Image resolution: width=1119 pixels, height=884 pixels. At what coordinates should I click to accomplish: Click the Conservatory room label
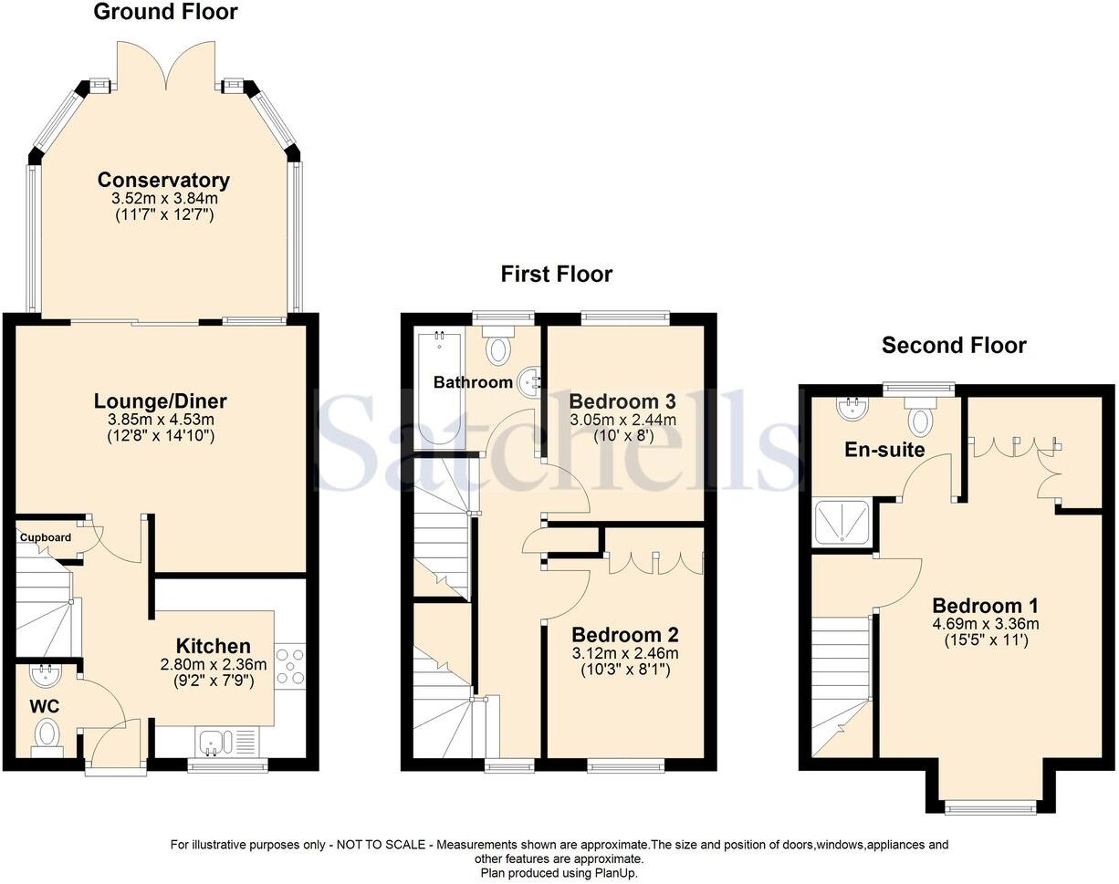coord(163,180)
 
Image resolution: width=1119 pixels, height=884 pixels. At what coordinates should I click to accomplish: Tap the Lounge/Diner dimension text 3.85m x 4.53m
coord(161,419)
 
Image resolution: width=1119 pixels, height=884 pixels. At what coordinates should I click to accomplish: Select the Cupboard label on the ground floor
coord(45,537)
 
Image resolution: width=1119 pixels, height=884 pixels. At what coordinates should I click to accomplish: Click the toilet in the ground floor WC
coord(47,733)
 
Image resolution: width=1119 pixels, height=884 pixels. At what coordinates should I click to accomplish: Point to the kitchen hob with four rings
coord(290,665)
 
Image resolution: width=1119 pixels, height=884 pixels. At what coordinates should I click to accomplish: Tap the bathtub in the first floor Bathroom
coord(438,388)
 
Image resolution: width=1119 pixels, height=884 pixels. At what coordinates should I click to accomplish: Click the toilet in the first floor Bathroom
coord(498,348)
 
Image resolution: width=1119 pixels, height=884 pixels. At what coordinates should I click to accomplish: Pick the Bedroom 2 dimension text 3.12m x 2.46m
coord(625,653)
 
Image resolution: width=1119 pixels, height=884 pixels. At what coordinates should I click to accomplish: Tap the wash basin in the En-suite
coord(853,407)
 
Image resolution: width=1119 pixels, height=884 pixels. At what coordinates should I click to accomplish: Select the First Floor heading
coord(557,274)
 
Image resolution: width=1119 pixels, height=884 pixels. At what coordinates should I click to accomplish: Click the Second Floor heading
coord(954,345)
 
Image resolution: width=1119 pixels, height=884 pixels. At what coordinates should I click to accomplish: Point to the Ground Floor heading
coord(165,12)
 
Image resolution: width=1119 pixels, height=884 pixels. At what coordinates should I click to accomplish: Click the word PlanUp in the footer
coord(617,873)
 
